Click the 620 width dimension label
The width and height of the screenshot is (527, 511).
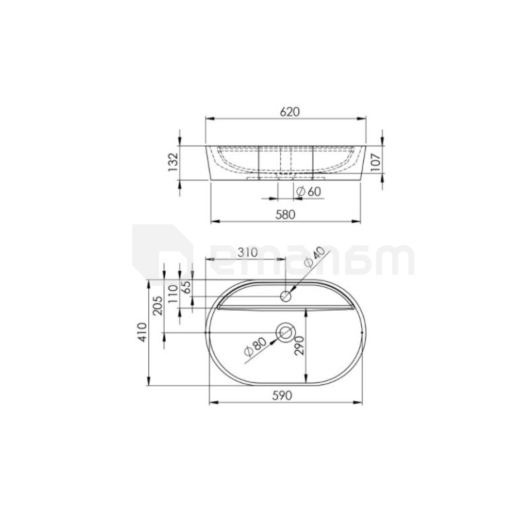(290, 112)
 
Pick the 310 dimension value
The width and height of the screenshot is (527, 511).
(229, 252)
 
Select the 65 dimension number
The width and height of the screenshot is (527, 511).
(186, 286)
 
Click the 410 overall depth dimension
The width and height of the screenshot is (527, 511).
(143, 332)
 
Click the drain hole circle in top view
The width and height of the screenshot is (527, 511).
(286, 332)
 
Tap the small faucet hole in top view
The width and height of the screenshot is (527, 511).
(286, 297)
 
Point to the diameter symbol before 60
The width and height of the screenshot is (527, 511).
(300, 192)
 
